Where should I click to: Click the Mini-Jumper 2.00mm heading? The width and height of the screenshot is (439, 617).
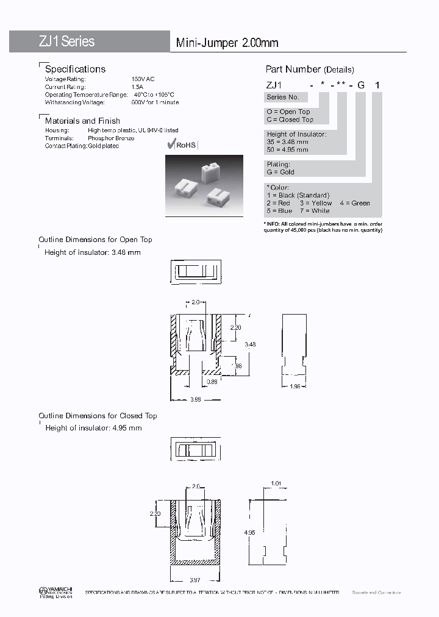pos(227,43)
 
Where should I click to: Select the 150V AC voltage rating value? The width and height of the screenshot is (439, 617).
pos(143,79)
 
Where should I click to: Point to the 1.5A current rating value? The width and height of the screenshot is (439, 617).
pos(138,87)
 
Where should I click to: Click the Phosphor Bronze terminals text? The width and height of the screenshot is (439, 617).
pos(111,138)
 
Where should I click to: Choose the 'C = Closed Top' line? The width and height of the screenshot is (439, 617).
pos(290,119)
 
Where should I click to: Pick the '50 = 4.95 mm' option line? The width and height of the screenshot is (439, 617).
pos(287,149)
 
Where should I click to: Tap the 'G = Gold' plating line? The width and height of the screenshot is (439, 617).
pos(280,172)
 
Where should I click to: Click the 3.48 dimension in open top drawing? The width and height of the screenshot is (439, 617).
pos(250,344)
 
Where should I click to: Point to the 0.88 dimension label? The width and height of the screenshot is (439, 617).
pos(212,382)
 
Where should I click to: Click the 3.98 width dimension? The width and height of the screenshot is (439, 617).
pos(195,399)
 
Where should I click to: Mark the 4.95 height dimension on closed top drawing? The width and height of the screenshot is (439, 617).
pos(250,532)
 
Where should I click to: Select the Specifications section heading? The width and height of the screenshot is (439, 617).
pos(75,69)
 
